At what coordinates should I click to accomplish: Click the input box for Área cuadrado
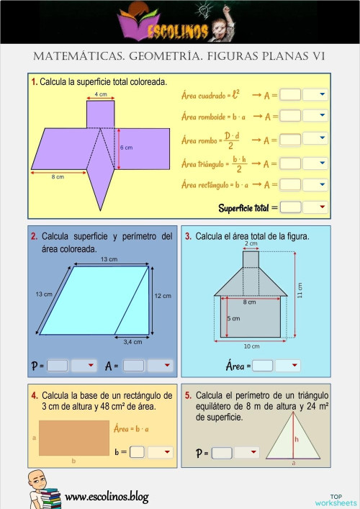289,94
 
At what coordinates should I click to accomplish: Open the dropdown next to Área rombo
315,139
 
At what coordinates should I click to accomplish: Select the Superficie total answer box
289,207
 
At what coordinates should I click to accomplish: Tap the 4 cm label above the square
101,94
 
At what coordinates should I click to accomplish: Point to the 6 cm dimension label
126,148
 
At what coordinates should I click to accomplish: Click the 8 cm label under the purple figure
58,176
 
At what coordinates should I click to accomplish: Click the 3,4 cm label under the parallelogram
132,341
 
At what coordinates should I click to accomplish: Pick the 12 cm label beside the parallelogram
163,296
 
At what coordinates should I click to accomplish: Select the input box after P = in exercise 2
57,366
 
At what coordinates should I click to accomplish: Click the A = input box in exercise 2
133,366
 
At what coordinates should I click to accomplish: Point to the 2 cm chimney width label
251,244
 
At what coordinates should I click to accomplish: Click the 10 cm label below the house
251,346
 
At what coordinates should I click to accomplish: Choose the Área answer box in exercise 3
263,366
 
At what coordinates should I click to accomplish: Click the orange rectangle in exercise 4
73,438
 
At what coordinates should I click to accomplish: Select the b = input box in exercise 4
138,452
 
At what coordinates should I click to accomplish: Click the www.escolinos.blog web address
107,496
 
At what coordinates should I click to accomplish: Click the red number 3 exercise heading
188,236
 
